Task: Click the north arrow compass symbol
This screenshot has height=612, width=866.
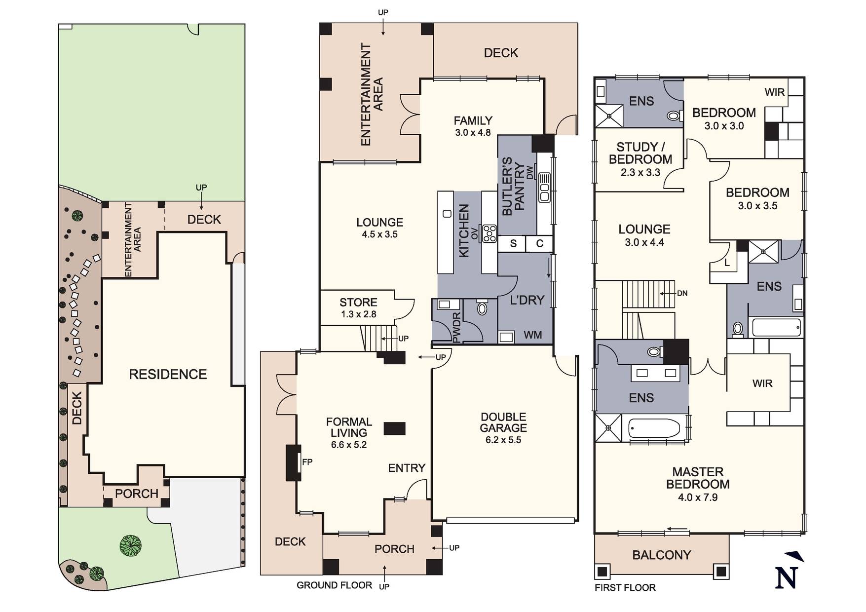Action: (x=788, y=573)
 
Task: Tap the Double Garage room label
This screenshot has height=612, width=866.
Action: (x=503, y=422)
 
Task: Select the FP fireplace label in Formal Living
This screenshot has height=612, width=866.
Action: (x=307, y=462)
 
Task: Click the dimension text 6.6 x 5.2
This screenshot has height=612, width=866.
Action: (x=348, y=445)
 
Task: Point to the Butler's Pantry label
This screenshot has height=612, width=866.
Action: (x=513, y=187)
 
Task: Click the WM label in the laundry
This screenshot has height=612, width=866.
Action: (x=532, y=335)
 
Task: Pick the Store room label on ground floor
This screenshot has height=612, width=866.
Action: (x=358, y=302)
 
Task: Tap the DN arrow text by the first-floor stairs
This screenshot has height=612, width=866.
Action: (x=682, y=293)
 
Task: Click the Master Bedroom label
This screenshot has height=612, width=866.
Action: (x=697, y=478)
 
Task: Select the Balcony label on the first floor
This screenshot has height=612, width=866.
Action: (x=661, y=555)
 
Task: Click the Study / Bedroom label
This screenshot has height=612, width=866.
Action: (x=640, y=153)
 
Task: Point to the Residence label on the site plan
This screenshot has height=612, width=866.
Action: (x=168, y=374)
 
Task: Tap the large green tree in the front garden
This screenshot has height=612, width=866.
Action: (x=131, y=545)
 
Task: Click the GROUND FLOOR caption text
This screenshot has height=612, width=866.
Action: (x=334, y=585)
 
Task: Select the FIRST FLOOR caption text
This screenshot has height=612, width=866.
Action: (x=625, y=587)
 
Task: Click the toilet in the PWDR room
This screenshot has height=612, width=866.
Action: (x=482, y=308)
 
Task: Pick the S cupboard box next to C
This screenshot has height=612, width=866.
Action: (x=513, y=243)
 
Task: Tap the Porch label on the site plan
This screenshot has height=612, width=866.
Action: (x=137, y=494)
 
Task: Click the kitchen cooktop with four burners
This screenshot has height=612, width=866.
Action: (x=489, y=233)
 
